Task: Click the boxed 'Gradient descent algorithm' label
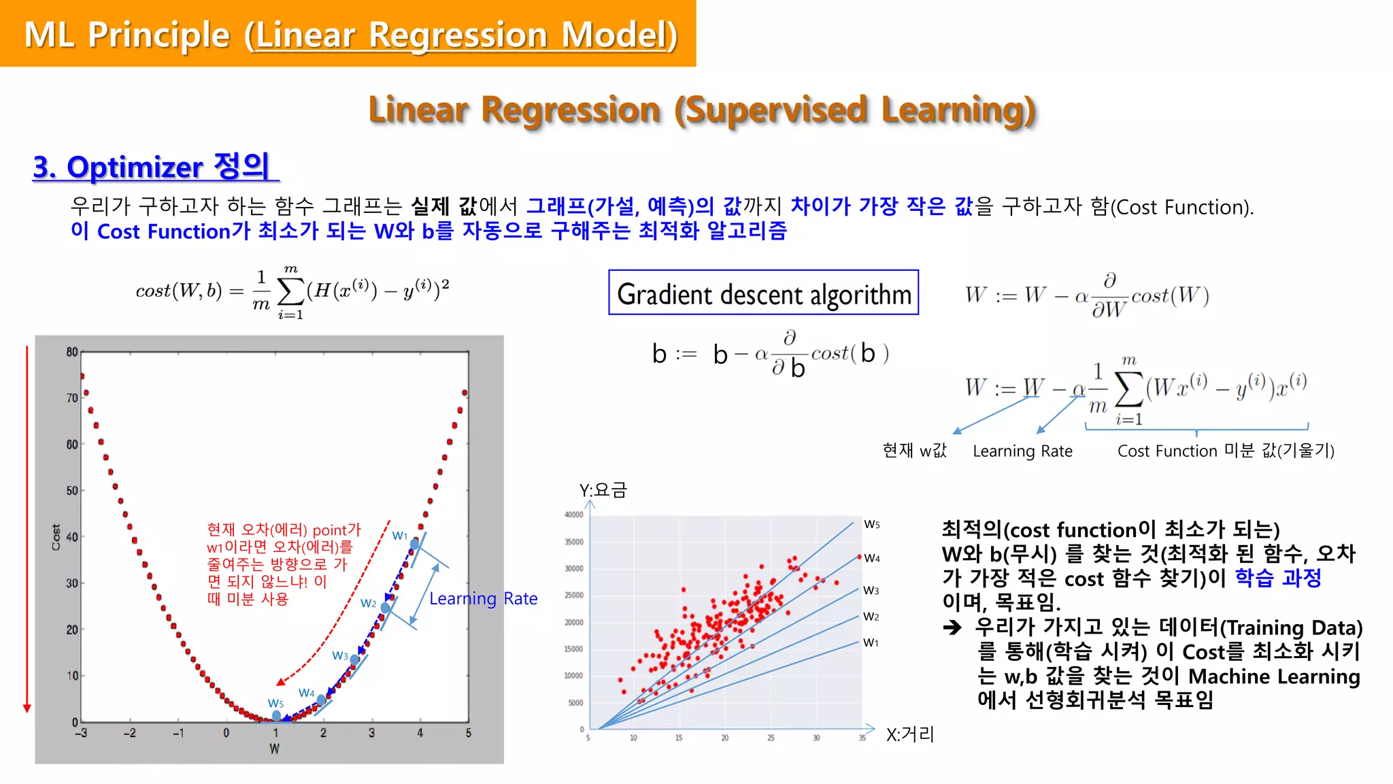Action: (763, 293)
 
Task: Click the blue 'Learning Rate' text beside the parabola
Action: (483, 598)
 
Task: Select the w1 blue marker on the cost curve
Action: (415, 544)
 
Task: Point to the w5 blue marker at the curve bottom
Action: (276, 715)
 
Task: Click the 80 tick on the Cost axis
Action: (72, 352)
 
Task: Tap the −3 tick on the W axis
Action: (81, 733)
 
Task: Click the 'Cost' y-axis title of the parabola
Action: (56, 536)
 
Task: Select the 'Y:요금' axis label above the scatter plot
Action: (603, 490)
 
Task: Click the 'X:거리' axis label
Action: (909, 734)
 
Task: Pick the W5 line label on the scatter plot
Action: (872, 524)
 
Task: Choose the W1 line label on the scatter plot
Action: (871, 642)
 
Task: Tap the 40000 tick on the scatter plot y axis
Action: (574, 515)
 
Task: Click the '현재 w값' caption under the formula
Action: (914, 451)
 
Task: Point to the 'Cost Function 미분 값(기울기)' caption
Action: (1226, 451)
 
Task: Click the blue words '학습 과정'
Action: (1277, 578)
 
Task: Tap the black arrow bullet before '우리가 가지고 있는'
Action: (952, 627)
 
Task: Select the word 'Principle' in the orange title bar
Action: (159, 35)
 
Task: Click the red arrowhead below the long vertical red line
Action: (27, 708)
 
